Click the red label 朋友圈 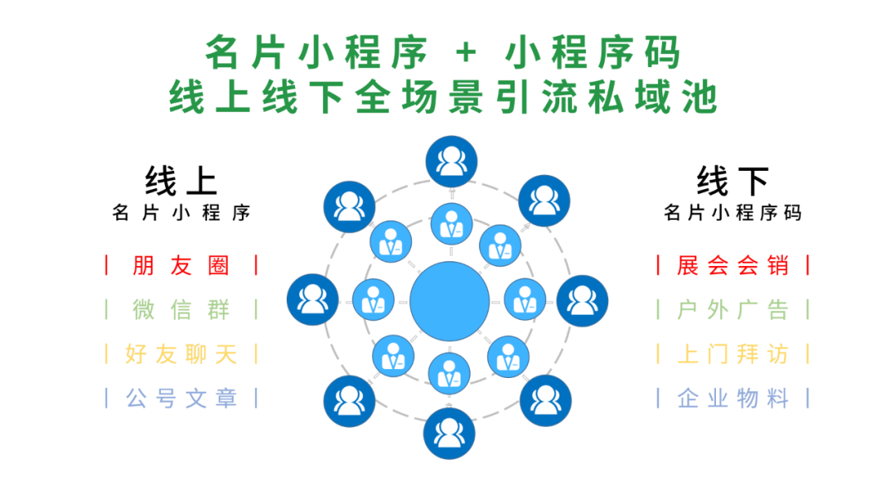click(181, 266)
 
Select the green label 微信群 click(181, 310)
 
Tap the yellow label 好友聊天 click(181, 355)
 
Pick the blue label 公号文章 click(181, 399)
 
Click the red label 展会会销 click(733, 266)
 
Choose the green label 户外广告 click(733, 310)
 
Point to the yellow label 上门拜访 click(733, 355)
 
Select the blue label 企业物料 click(733, 399)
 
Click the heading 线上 click(181, 181)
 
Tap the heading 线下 click(733, 181)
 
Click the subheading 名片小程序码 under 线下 click(733, 213)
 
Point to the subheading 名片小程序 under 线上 click(181, 213)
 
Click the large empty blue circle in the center click(449, 299)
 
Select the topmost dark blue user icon click(451, 161)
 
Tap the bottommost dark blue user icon click(448, 434)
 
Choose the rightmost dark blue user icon click(583, 300)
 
